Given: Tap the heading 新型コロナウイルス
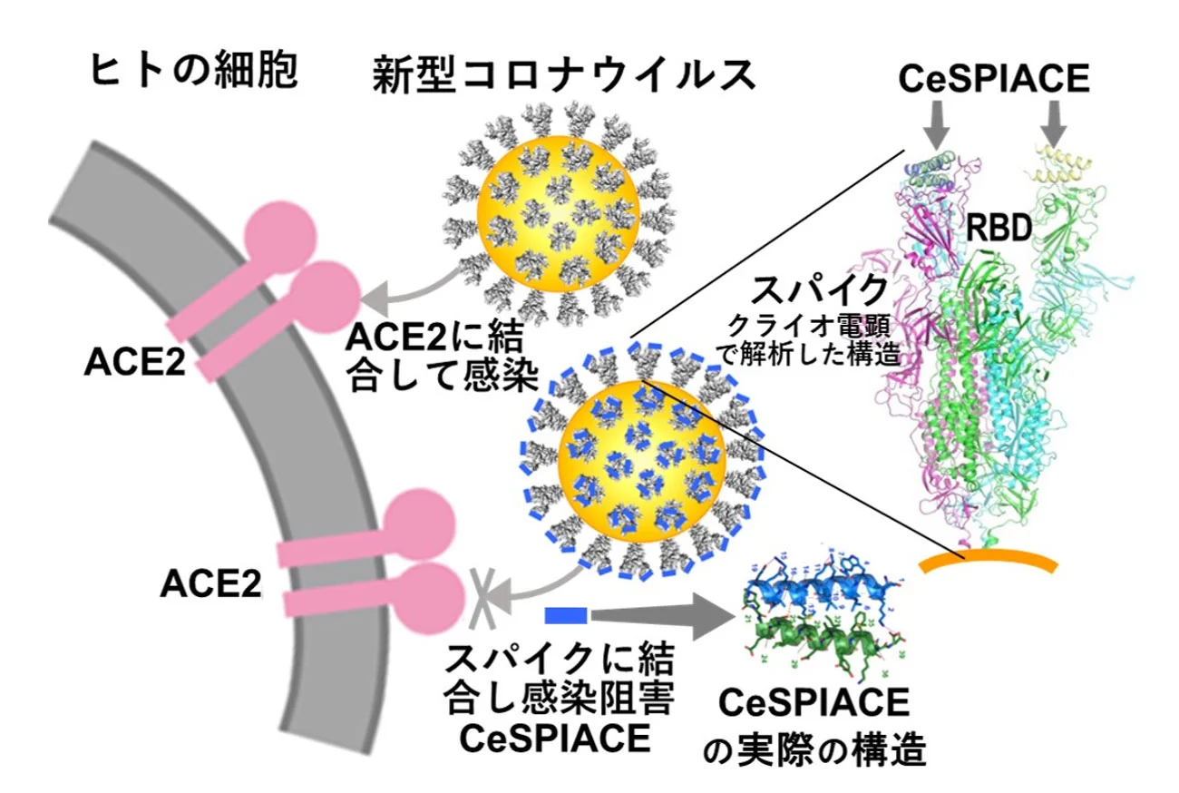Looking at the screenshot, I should (x=564, y=75).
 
